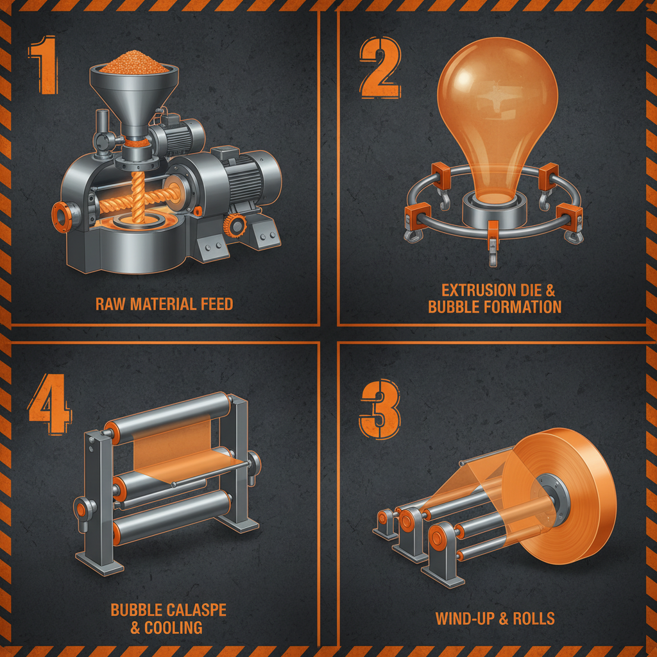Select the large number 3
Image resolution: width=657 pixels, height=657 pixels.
pos(380,409)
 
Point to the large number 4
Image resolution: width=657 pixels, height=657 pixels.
pos(49,404)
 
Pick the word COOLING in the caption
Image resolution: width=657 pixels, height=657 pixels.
pos(173,627)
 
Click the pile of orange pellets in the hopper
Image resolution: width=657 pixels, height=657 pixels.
pos(134,63)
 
